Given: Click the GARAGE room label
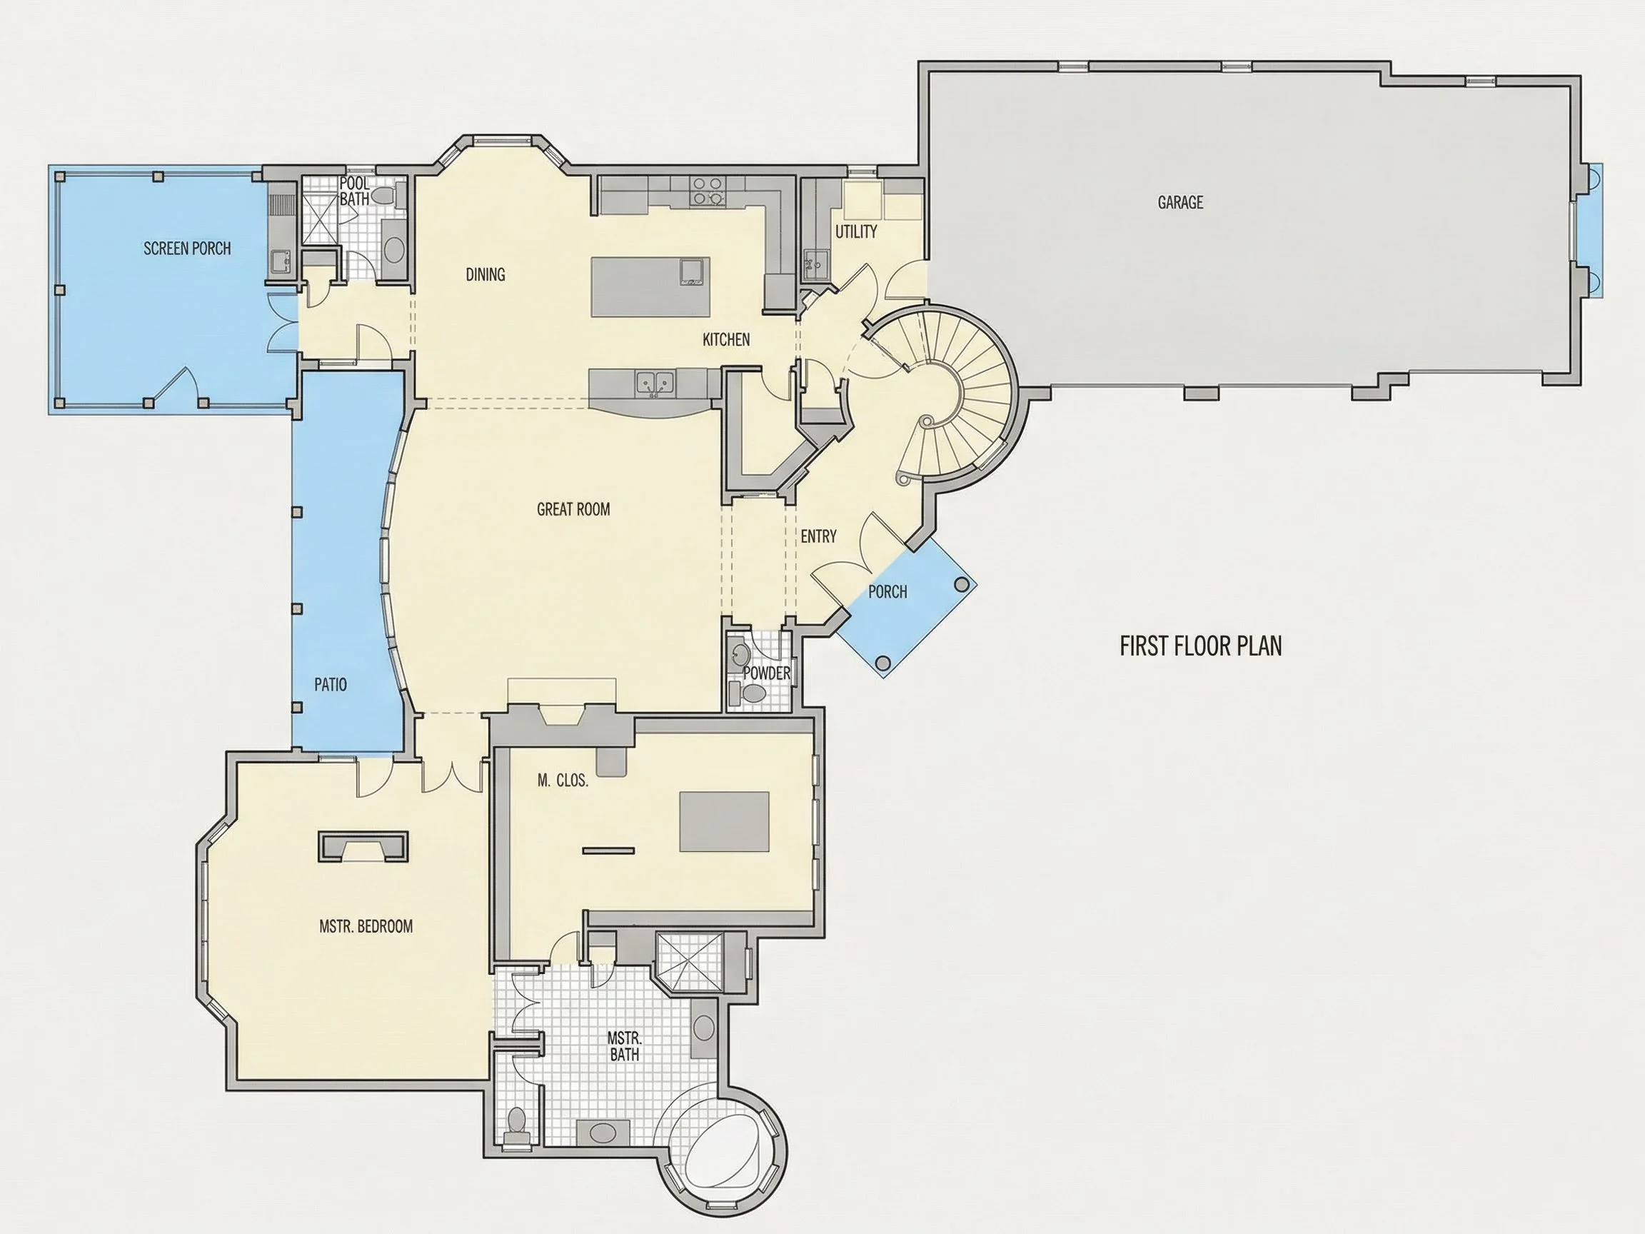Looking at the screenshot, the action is click(1180, 202).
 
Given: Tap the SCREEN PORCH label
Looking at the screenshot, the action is click(187, 249).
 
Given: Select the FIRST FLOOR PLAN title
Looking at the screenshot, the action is click(1201, 646).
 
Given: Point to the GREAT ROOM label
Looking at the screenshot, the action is click(573, 509).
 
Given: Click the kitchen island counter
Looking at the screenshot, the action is click(650, 287).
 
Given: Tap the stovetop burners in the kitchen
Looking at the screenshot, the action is click(707, 191).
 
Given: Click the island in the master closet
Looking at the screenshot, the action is click(723, 822).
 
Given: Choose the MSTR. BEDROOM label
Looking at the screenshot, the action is click(366, 926).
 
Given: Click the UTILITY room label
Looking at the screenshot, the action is click(856, 232).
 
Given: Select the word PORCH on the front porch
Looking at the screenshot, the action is click(888, 592).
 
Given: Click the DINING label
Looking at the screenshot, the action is click(486, 275).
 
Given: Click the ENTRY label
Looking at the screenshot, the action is click(819, 536).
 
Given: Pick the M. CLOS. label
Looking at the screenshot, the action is click(563, 781).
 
